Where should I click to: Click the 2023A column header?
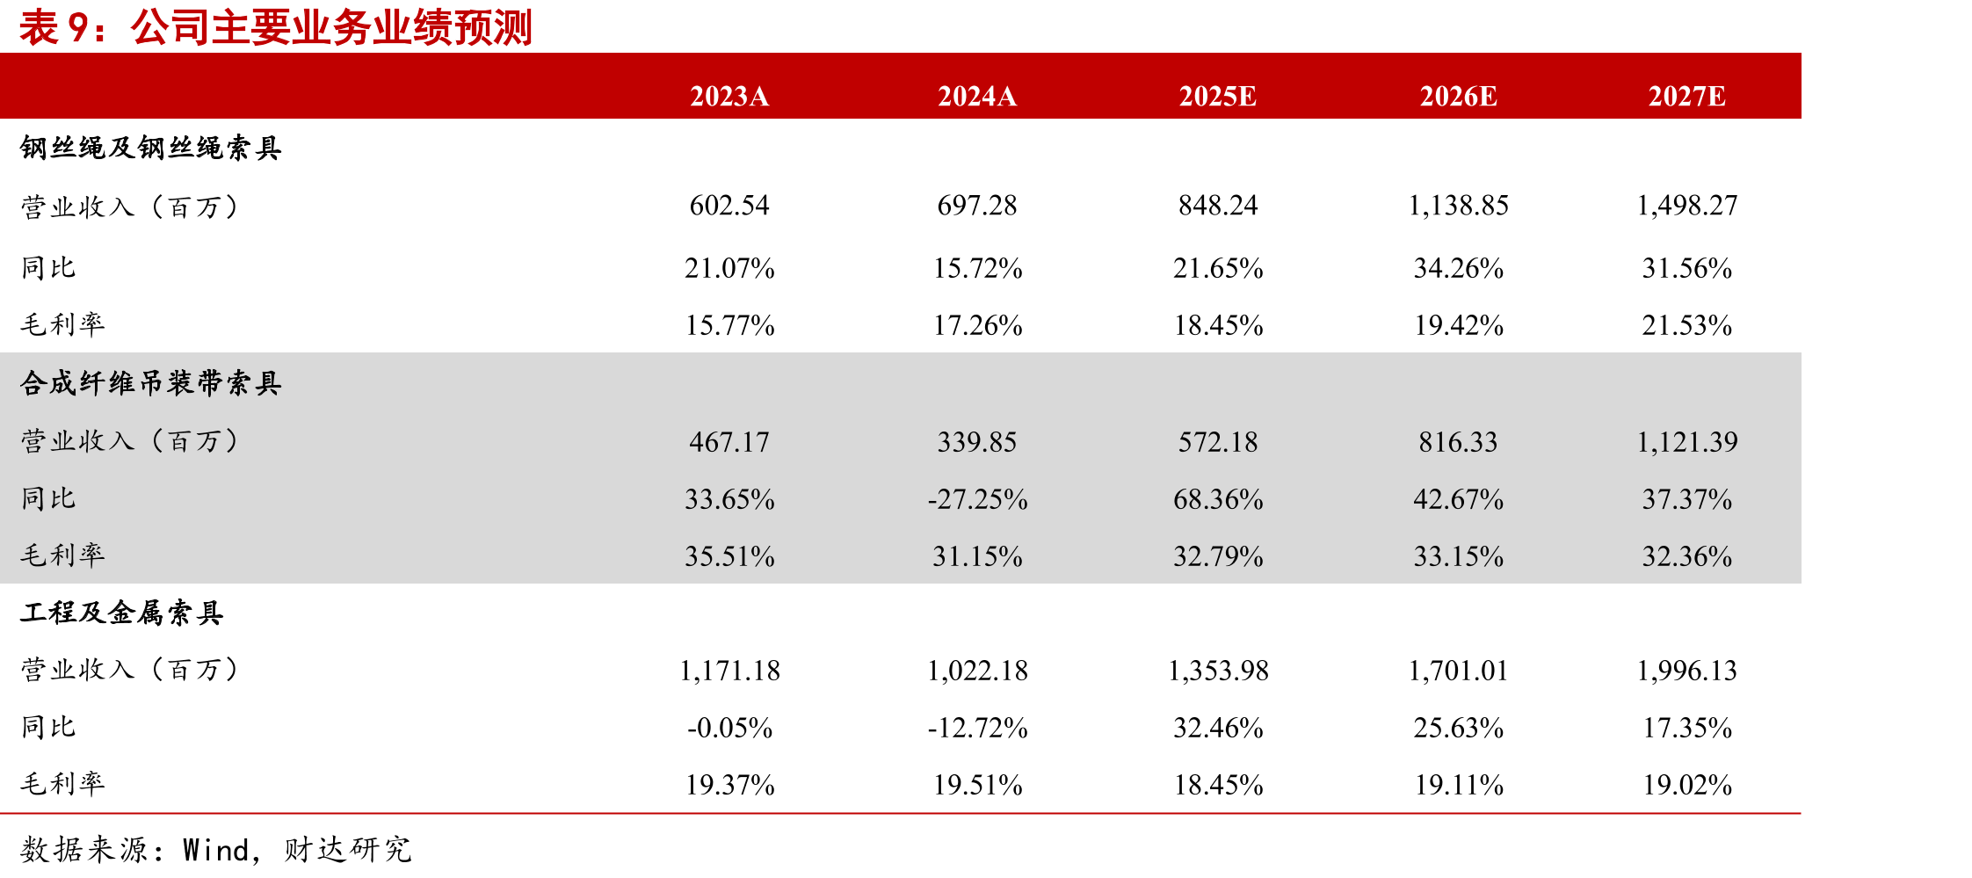point(729,96)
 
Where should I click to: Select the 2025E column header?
point(1217,96)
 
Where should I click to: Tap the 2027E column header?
point(1686,96)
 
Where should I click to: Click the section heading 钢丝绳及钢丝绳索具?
point(150,148)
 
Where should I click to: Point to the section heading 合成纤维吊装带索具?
point(150,382)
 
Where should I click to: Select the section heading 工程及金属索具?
point(121,612)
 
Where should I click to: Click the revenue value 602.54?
point(729,206)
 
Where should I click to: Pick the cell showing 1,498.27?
point(1686,206)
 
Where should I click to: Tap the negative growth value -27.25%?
point(977,499)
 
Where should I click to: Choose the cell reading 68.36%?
point(1218,499)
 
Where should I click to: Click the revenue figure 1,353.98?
point(1218,671)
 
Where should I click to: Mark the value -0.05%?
point(729,728)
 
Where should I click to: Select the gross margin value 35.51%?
point(729,556)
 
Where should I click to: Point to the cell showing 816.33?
point(1458,442)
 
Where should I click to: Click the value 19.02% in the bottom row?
point(1687,785)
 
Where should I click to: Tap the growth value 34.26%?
point(1459,268)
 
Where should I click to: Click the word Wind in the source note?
point(216,850)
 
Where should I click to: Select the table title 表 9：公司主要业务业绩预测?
point(276,27)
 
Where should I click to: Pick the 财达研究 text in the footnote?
point(347,850)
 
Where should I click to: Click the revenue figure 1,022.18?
point(977,671)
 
